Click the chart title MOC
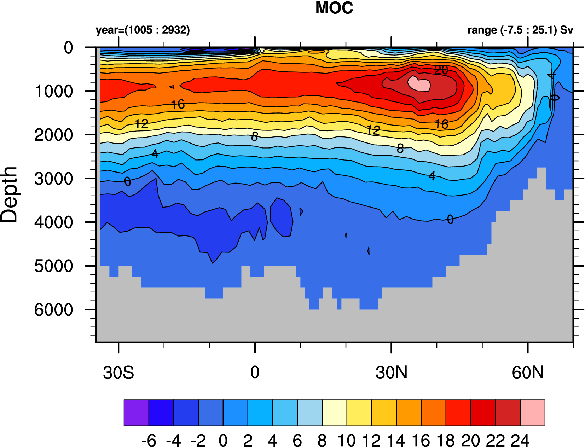tap(334, 8)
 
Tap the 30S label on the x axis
tap(118, 373)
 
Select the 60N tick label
tap(528, 373)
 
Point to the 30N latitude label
tap(392, 373)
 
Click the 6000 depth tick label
tap(54, 310)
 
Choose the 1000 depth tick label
tap(54, 92)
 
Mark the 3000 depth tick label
tap(54, 179)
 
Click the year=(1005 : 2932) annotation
tap(143, 30)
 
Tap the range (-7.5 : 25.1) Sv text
tap(520, 30)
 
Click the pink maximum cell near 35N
tap(419, 84)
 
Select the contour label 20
tap(441, 70)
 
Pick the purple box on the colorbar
tap(136, 413)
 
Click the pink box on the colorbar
tap(532, 413)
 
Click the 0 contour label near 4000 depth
tap(450, 220)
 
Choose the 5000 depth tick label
tap(54, 266)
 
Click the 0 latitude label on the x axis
tap(255, 373)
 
